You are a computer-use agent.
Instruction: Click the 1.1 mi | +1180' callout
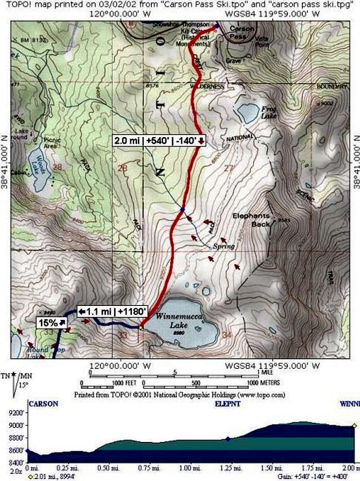(112, 312)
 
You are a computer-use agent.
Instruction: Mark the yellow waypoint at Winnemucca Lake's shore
(141, 328)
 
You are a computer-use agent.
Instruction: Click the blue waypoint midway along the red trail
(182, 210)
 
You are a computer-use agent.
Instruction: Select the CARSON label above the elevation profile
(43, 404)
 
